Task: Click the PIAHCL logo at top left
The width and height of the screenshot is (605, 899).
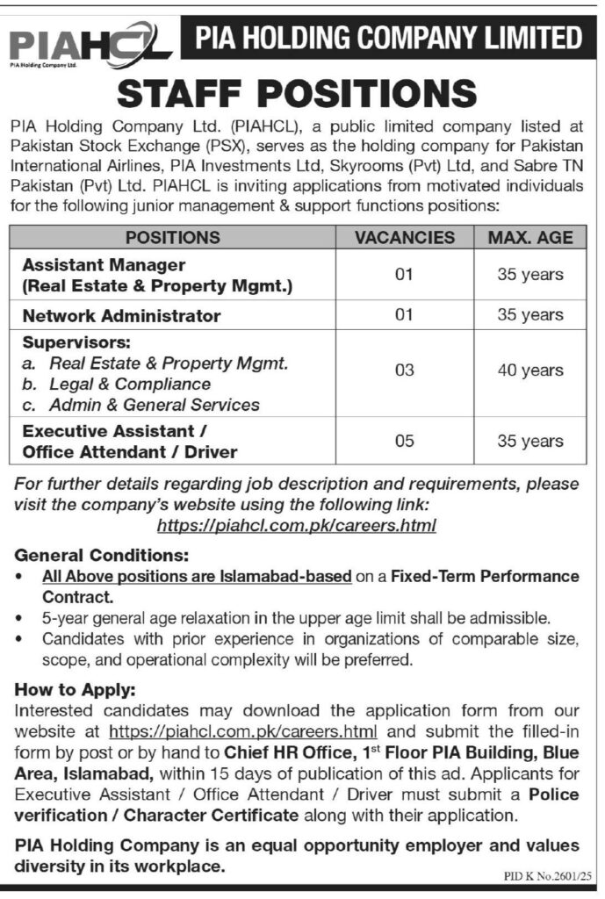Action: [88, 41]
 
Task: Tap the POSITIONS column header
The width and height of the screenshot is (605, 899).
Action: [172, 237]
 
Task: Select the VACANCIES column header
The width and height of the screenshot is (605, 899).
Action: [404, 237]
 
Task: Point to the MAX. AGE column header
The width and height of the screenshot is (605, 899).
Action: [530, 237]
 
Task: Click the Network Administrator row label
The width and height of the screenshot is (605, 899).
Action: [121, 315]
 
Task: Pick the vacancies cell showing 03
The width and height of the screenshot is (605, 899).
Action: [404, 371]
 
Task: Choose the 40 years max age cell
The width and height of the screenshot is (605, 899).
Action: [530, 371]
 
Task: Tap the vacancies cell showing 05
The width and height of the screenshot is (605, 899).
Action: [404, 442]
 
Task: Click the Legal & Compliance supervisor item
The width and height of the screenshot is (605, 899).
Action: [130, 384]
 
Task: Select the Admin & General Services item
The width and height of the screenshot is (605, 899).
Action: [155, 405]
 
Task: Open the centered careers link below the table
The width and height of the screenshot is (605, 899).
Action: [296, 526]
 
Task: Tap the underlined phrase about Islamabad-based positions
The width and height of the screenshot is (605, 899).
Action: [197, 577]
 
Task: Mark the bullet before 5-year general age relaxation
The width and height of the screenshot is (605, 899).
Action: [21, 619]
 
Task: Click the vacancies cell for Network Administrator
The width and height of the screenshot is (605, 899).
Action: [404, 315]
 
